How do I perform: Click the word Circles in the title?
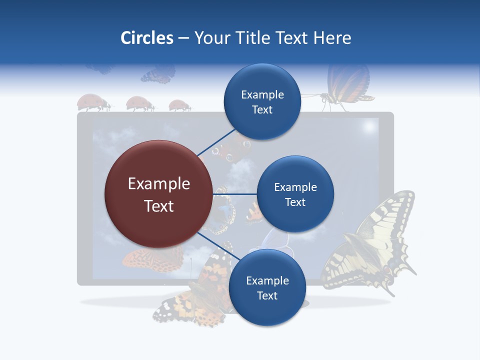(x=146, y=38)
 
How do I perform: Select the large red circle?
(x=158, y=194)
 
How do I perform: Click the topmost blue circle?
(x=262, y=101)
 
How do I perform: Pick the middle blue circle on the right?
(x=295, y=194)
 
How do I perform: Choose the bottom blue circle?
(x=267, y=287)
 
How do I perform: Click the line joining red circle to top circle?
(x=216, y=142)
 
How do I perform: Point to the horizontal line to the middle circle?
(x=235, y=194)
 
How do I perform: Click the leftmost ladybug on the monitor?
(x=93, y=102)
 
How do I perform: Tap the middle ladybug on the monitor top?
(x=139, y=103)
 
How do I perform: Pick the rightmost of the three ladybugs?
(x=179, y=105)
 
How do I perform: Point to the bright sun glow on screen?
(x=369, y=127)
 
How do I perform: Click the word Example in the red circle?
(x=158, y=183)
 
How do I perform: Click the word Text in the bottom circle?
(x=267, y=295)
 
